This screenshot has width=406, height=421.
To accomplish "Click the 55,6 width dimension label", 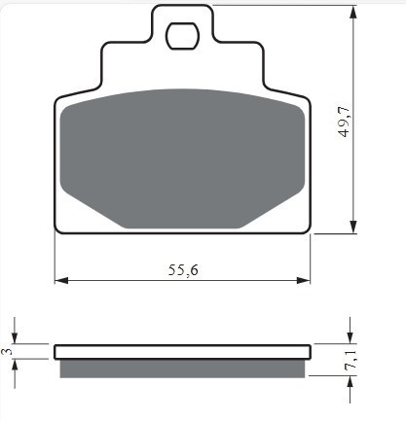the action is pyautogui.click(x=183, y=270).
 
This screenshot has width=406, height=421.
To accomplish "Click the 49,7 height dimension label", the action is pyautogui.click(x=344, y=122).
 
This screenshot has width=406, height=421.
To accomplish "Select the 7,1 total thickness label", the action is pyautogui.click(x=351, y=360).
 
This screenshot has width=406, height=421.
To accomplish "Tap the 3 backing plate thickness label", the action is pyautogui.click(x=7, y=351).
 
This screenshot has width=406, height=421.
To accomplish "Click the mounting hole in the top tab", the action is pyautogui.click(x=182, y=36).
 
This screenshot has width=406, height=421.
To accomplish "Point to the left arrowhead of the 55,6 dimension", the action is pyautogui.click(x=61, y=280).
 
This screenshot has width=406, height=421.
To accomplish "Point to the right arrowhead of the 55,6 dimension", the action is pyautogui.click(x=304, y=280).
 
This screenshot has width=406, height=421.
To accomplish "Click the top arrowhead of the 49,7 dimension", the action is pyautogui.click(x=353, y=12).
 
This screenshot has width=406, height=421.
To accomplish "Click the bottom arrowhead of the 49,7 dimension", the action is pyautogui.click(x=353, y=227).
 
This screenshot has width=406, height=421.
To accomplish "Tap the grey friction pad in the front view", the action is pyautogui.click(x=182, y=158).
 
